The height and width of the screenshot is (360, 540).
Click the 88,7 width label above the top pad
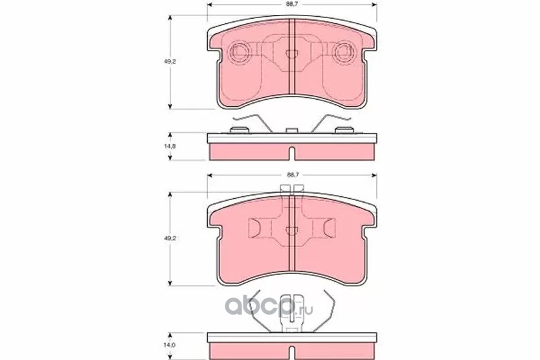pyautogui.click(x=292, y=5)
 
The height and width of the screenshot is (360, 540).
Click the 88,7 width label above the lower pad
pyautogui.click(x=292, y=175)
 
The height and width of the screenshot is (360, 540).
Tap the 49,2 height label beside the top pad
pyautogui.click(x=170, y=62)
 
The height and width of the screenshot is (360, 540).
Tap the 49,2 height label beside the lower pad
pyautogui.click(x=170, y=238)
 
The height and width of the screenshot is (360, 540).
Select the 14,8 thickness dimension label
pyautogui.click(x=170, y=146)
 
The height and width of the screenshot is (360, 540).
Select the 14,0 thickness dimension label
pyautogui.click(x=170, y=344)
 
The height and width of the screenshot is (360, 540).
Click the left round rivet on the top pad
pyautogui.click(x=239, y=52)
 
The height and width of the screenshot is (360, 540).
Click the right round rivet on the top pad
pyautogui.click(x=344, y=52)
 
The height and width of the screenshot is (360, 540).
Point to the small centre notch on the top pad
pyautogui.click(x=292, y=54)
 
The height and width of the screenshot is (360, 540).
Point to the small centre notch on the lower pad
pyautogui.click(x=292, y=230)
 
